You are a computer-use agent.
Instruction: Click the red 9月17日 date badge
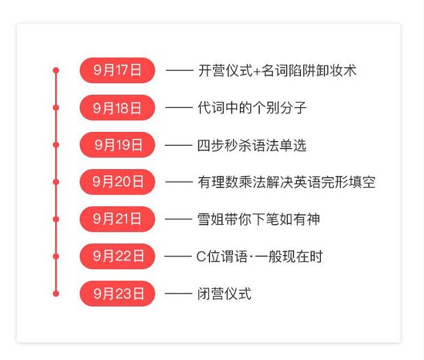click(x=118, y=70)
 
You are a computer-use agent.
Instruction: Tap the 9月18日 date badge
click(x=118, y=108)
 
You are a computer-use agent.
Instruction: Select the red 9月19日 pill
click(x=118, y=145)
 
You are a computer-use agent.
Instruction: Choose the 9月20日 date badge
click(x=118, y=182)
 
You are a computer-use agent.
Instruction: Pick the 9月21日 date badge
click(x=118, y=219)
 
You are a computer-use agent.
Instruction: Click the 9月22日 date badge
click(x=118, y=256)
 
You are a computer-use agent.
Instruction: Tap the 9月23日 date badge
click(x=118, y=293)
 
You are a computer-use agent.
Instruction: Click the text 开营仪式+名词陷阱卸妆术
click(x=277, y=71)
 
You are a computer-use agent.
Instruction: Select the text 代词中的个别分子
click(x=252, y=108)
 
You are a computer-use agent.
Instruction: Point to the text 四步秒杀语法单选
click(x=252, y=146)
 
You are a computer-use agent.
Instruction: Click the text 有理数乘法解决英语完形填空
click(x=287, y=182)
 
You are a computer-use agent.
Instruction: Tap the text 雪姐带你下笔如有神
click(x=258, y=219)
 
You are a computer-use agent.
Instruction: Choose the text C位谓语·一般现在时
click(x=260, y=256)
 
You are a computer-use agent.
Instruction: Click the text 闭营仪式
click(x=225, y=293)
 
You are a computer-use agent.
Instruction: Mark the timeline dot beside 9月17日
click(x=56, y=71)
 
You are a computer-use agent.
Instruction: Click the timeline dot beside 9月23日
click(x=56, y=293)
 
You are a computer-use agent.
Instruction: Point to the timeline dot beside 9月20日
click(x=56, y=182)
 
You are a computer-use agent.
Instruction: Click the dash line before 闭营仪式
click(x=179, y=293)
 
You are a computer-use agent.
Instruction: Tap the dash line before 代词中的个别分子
click(x=179, y=108)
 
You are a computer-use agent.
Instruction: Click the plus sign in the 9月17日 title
click(x=256, y=71)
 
